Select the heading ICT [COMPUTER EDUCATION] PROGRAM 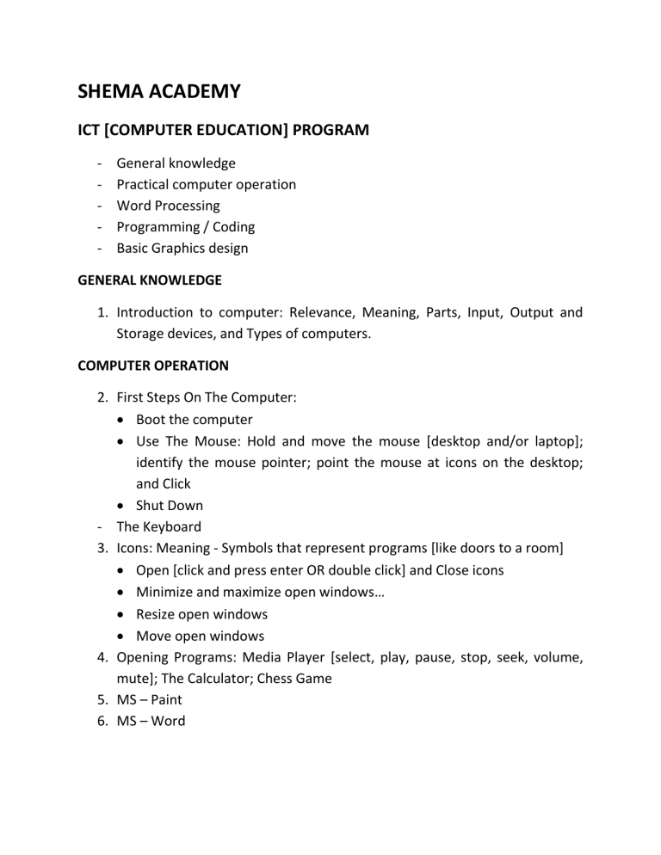[x=223, y=130]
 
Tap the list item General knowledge [x=176, y=163]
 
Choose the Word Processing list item [x=168, y=206]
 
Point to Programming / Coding [x=185, y=227]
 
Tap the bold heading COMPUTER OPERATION [x=153, y=365]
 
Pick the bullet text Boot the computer [x=194, y=420]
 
